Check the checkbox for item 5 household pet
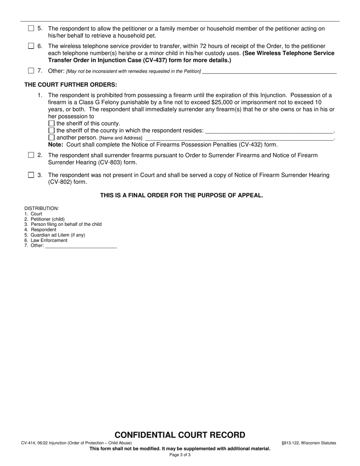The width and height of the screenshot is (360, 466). pos(31,28)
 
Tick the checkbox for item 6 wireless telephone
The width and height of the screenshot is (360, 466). pos(31,46)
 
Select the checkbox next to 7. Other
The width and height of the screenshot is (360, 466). pos(31,70)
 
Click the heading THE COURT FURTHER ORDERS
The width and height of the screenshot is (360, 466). pos(71,84)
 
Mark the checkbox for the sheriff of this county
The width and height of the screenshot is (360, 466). pos(52,124)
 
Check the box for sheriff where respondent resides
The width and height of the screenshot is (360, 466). pos(52,130)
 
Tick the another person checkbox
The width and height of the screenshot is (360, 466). pos(52,138)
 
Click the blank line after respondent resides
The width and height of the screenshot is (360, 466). pos(269,131)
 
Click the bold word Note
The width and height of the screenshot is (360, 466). pos(55,145)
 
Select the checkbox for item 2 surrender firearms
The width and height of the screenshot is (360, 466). pos(31,155)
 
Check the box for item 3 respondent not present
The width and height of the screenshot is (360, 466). pos(31,175)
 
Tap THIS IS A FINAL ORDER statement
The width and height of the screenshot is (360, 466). pos(181,195)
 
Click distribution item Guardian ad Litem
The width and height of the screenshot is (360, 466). pos(58,235)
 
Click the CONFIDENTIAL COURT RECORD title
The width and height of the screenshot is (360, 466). pos(180,435)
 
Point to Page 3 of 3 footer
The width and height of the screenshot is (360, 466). pos(180,455)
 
